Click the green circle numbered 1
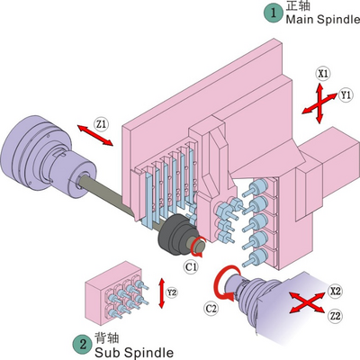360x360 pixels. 273,13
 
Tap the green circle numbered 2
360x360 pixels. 83,344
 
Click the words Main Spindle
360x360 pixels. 323,20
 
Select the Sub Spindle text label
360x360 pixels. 134,353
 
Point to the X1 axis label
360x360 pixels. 323,74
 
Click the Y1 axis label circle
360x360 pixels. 346,95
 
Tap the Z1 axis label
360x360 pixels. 102,124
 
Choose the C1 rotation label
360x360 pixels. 191,266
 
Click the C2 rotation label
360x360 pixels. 211,308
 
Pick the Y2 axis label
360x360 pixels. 172,292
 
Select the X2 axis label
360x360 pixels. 335,291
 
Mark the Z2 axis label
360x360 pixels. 335,316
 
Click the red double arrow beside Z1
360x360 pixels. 95,135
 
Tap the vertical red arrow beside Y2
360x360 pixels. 162,293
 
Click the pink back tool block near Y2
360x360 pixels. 113,293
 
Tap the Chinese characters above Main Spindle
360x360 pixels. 298,5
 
